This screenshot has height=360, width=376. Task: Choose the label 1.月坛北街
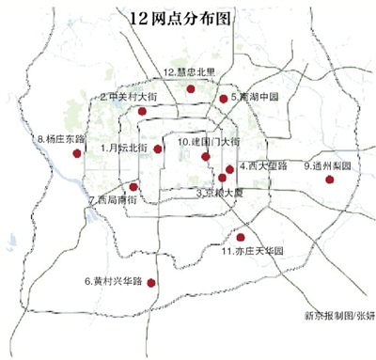click(127, 148)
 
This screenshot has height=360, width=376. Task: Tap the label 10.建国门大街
click(208, 142)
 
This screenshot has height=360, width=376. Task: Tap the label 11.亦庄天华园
click(251, 251)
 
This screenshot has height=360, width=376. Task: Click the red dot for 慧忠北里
click(190, 88)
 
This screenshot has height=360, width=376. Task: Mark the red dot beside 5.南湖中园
click(223, 98)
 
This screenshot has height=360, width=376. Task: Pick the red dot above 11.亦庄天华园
click(241, 237)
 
